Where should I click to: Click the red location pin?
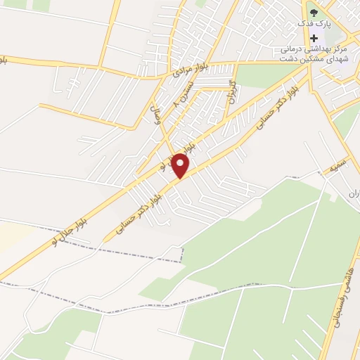[x=181, y=165]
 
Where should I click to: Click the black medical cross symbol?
[x=315, y=37]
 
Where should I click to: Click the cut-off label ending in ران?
[x=353, y=193]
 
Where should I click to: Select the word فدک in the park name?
[x=304, y=24]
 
